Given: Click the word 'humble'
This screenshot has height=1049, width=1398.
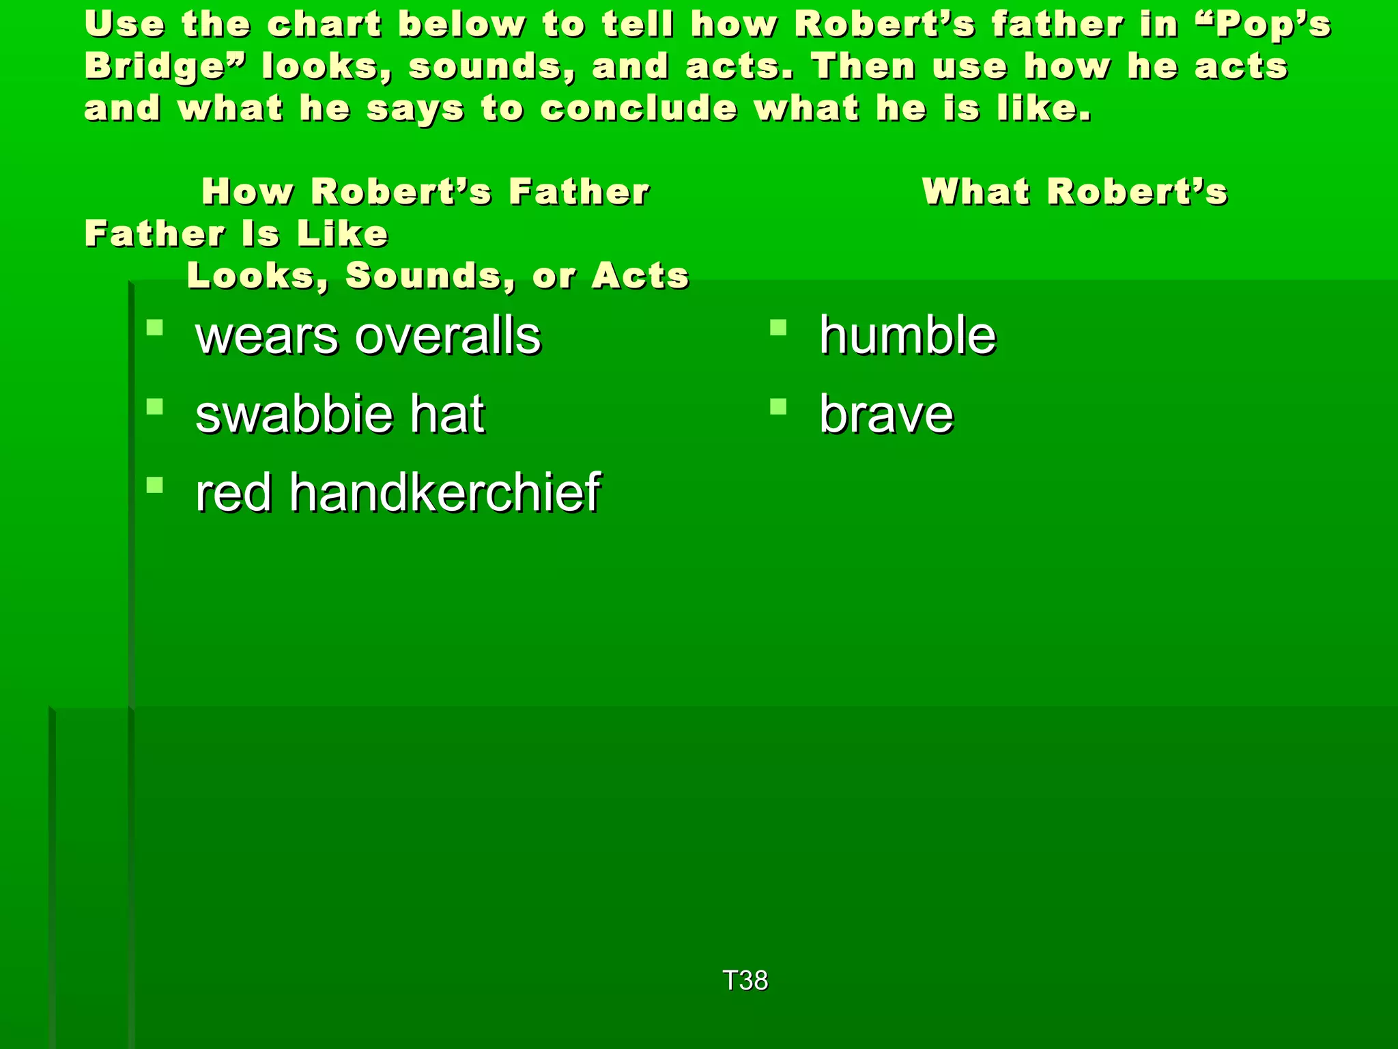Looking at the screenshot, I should tap(907, 336).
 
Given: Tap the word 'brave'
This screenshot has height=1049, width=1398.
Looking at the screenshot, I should tap(886, 415).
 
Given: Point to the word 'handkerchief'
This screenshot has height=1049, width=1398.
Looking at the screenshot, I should tap(444, 492).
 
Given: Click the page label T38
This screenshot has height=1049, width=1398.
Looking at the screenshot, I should tap(745, 981).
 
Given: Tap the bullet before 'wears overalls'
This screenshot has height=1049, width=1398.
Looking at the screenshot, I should tap(155, 328).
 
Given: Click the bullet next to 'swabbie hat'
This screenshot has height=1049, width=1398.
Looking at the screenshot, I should tap(155, 407).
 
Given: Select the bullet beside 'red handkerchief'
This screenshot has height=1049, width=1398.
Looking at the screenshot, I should tap(155, 486).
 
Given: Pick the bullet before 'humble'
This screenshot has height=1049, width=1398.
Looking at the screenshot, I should tap(778, 328).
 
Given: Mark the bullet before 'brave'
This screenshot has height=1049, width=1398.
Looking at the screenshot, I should tap(778, 407).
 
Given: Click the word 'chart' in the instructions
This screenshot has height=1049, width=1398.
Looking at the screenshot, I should tap(324, 25).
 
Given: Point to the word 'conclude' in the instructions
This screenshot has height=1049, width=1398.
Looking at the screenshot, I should tap(639, 109).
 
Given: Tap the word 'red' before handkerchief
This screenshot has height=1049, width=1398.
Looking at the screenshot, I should tap(233, 492).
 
